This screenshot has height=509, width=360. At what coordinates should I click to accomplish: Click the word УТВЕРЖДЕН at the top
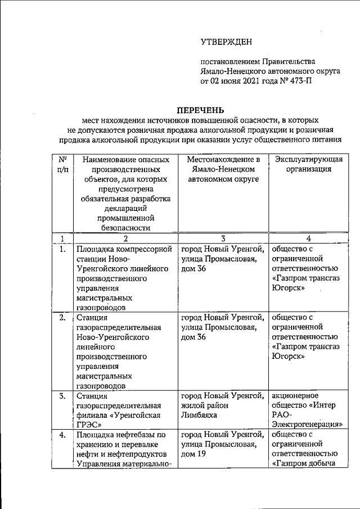tap(227, 41)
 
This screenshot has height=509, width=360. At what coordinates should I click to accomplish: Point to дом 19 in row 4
tap(193, 454)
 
